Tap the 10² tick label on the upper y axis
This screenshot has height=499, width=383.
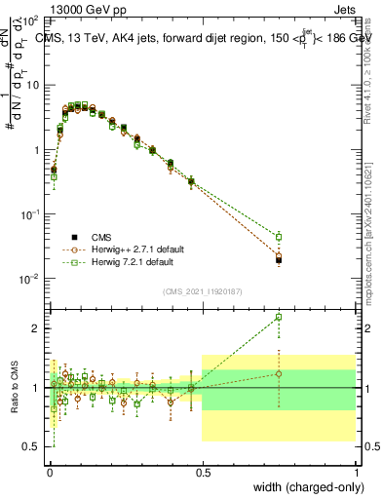pos(29,20)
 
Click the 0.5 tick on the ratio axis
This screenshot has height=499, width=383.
pos(31,446)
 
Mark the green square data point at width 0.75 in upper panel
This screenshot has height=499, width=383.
pos(279,237)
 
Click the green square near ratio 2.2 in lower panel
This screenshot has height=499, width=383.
pos(279,317)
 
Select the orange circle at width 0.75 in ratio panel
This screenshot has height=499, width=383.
pos(279,374)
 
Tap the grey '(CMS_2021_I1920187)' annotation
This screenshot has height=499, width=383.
pos(202,289)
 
